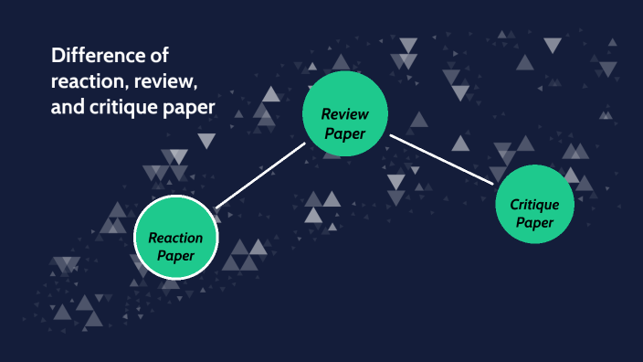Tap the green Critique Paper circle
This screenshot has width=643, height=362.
coord(534,205)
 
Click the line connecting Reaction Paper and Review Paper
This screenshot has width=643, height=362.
coord(259,174)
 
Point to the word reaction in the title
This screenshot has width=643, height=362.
coord(89,82)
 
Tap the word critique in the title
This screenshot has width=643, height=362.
coord(124,108)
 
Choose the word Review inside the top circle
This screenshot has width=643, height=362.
coord(343,114)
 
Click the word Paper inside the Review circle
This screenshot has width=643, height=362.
coord(345,133)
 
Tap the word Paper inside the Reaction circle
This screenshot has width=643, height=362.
coord(175,256)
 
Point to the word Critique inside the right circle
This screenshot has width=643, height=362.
coord(534,205)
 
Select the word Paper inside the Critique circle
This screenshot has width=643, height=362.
coord(534,222)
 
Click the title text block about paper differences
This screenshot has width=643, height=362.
coord(132,82)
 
